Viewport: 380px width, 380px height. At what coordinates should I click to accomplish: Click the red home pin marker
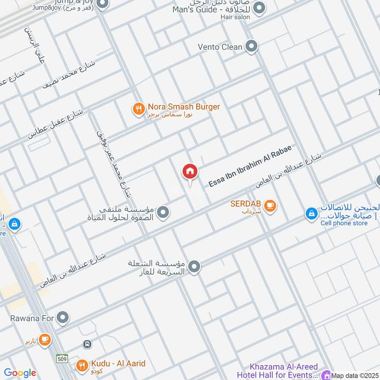[x=190, y=172]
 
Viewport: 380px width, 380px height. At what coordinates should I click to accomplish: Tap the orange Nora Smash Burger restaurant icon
[x=138, y=109]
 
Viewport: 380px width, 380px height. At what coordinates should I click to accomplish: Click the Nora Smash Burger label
[x=183, y=107]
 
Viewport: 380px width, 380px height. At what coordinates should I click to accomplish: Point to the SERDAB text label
[x=244, y=204]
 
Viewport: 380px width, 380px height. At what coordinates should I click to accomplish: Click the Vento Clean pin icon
[x=252, y=47]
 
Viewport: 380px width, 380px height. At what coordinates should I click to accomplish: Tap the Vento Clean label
[x=220, y=47]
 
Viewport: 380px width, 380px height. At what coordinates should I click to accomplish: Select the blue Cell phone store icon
[x=311, y=214]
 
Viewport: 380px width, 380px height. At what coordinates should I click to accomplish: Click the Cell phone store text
[x=344, y=223]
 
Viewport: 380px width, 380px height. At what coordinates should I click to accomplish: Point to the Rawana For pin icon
[x=63, y=317]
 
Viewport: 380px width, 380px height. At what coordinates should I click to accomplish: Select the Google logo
[x=19, y=373]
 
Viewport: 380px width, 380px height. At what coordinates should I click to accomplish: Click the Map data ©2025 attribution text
[x=355, y=375]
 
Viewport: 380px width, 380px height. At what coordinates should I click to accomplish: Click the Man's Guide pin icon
[x=259, y=8]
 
